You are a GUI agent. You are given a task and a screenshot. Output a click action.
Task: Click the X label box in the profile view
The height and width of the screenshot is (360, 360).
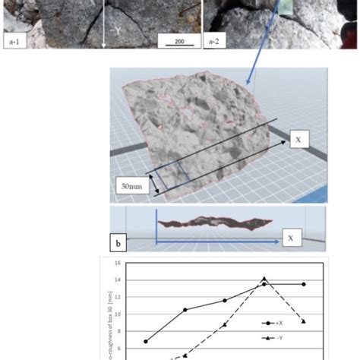pos(291,238)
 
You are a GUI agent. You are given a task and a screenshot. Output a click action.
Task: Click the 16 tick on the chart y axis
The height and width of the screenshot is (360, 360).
pos(118,263)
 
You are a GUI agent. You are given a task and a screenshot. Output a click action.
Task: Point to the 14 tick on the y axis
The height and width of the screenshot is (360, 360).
pos(118,279)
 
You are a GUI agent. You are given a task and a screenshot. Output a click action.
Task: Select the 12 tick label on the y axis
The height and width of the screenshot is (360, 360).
pos(118,296)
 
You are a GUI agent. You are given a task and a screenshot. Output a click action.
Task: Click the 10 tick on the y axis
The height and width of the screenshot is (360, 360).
pos(118,313)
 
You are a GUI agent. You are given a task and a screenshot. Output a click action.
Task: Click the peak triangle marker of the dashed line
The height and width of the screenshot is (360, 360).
pos(264,279)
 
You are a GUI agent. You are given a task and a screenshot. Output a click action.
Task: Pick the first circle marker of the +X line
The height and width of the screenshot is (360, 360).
pos(146,341)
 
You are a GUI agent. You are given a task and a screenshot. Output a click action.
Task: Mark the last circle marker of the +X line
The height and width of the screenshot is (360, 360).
pos(304,284)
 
